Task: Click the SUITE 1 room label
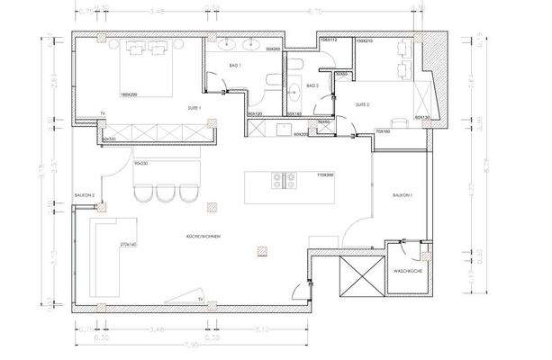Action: pyautogui.click(x=194, y=108)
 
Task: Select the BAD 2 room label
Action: pyautogui.click(x=312, y=85)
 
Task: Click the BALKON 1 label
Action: pyautogui.click(x=402, y=194)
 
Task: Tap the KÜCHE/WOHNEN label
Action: pyautogui.click(x=198, y=236)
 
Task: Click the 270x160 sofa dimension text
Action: pyautogui.click(x=128, y=244)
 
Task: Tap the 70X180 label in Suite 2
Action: pyautogui.click(x=381, y=131)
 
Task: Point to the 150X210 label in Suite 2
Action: pyautogui.click(x=364, y=41)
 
